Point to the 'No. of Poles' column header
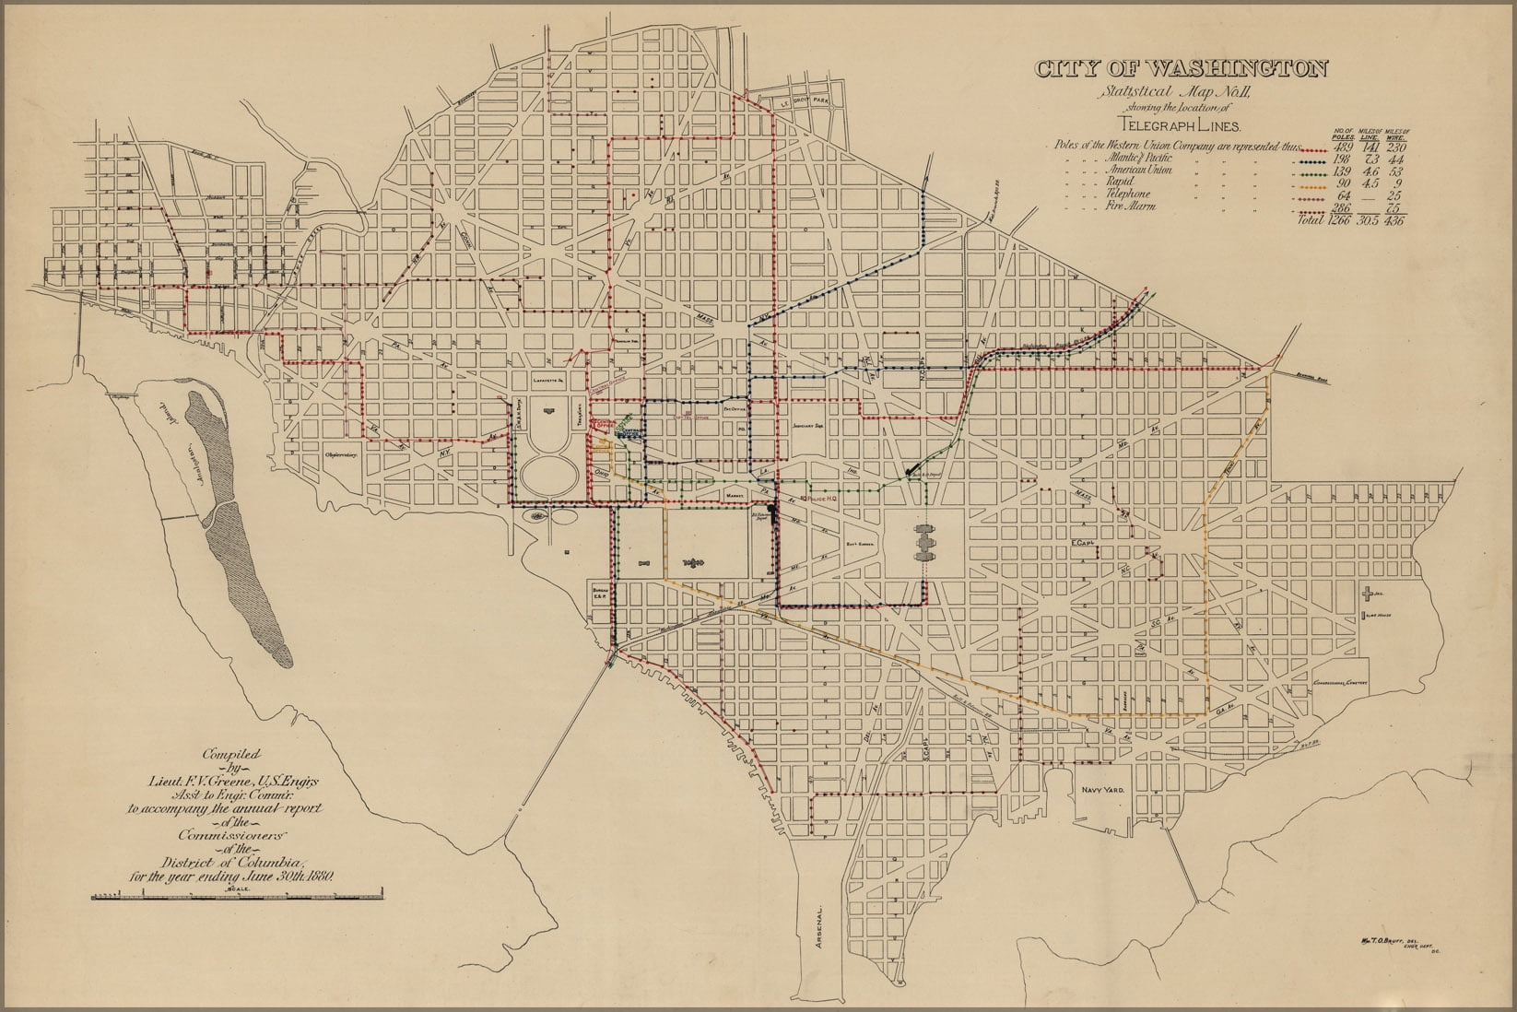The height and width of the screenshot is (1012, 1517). [x=1344, y=135]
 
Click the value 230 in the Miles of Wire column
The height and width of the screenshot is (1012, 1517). [x=1393, y=147]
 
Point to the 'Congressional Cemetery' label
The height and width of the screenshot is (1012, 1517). [x=1339, y=683]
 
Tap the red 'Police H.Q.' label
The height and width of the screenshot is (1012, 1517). [x=817, y=499]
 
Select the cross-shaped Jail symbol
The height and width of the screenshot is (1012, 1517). [x=1370, y=594]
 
